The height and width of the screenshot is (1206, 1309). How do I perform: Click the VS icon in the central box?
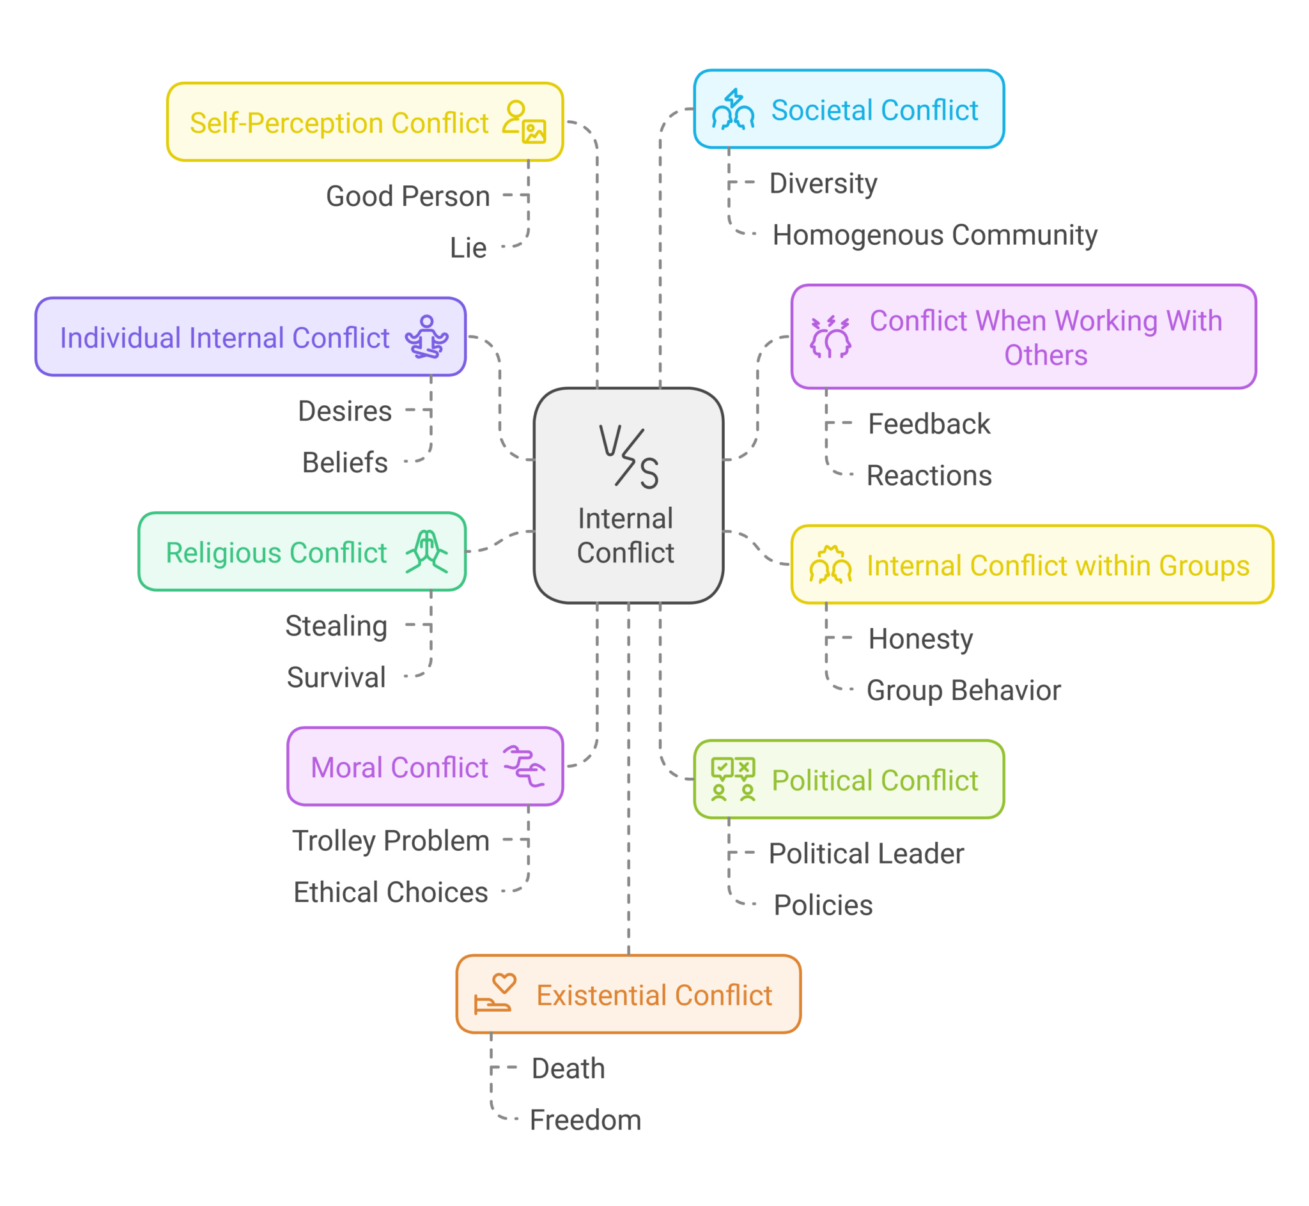point(629,457)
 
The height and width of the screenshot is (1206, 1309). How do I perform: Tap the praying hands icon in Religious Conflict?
point(427,552)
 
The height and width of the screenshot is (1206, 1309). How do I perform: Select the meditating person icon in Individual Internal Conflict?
point(427,337)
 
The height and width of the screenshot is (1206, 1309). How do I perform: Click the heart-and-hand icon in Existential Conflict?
point(495,993)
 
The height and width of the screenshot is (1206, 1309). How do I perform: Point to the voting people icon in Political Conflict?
point(733,779)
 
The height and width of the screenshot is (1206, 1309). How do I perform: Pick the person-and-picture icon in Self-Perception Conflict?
point(524,122)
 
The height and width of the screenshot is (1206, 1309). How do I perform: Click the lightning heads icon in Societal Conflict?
point(733,110)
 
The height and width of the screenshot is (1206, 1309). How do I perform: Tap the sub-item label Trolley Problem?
point(391,840)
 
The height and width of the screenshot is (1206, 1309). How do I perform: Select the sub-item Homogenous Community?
point(934,235)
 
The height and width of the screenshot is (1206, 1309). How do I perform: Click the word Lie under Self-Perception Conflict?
point(468,248)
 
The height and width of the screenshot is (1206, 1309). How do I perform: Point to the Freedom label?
point(585,1120)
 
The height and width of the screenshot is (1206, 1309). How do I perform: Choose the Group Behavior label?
point(963,690)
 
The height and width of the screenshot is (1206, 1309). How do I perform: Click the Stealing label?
point(337,626)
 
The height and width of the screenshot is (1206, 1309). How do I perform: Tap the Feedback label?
point(929,424)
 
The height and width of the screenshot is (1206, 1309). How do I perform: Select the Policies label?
point(823,905)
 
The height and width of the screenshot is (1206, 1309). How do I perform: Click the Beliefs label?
point(345,463)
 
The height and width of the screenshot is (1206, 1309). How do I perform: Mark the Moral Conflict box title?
point(399,768)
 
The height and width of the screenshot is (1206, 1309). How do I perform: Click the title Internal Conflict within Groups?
point(1058,566)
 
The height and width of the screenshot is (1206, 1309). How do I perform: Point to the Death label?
point(568,1069)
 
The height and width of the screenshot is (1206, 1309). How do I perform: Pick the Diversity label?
point(823,183)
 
